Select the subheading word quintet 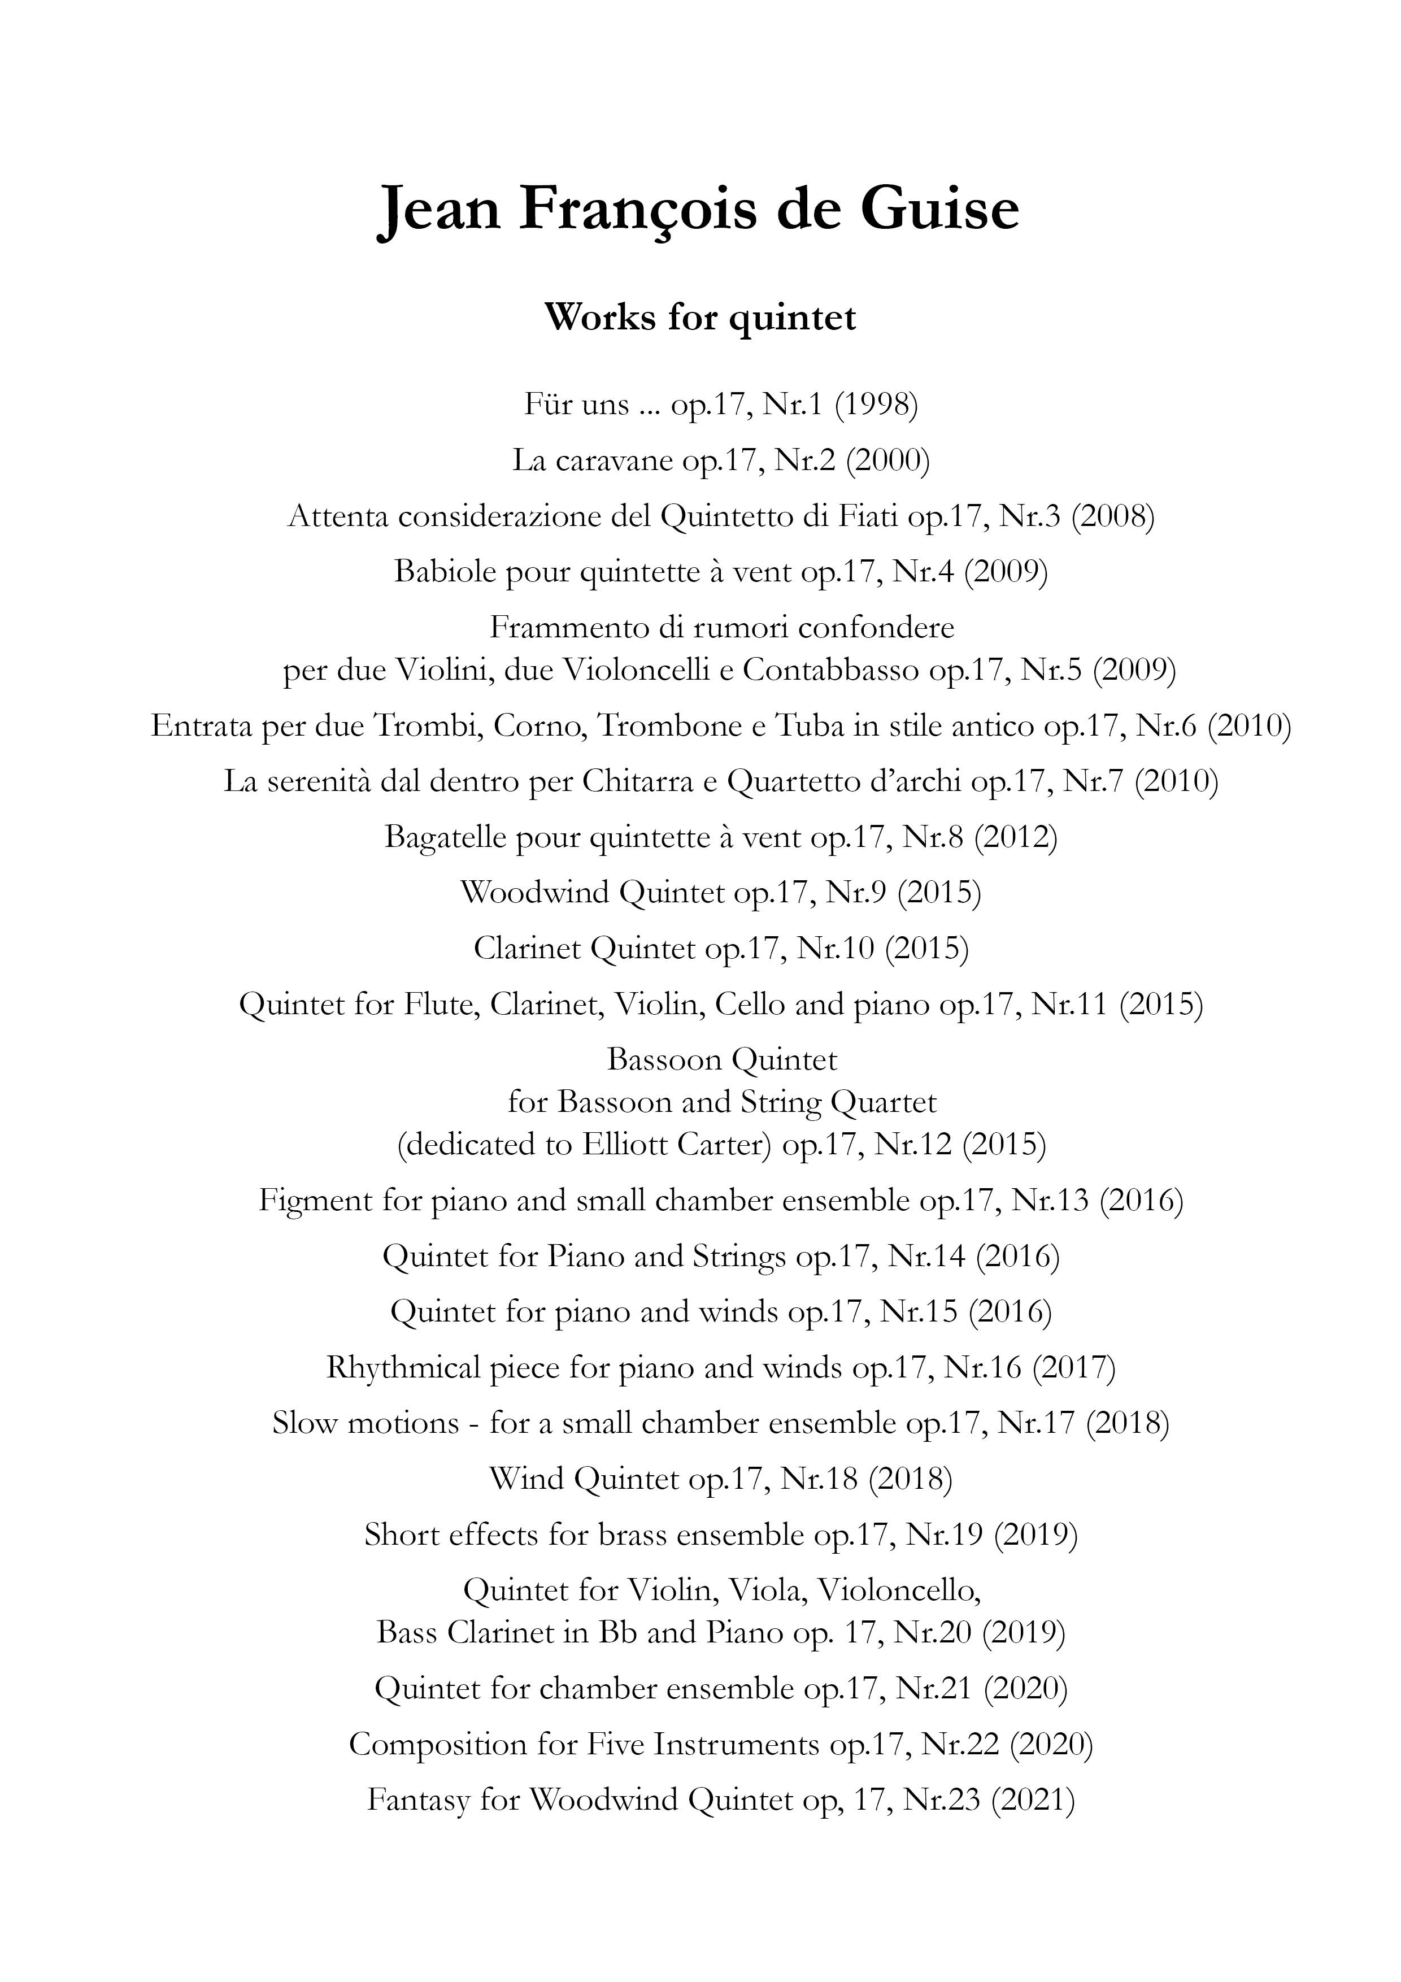(x=793, y=317)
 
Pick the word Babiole (x=443, y=571)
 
